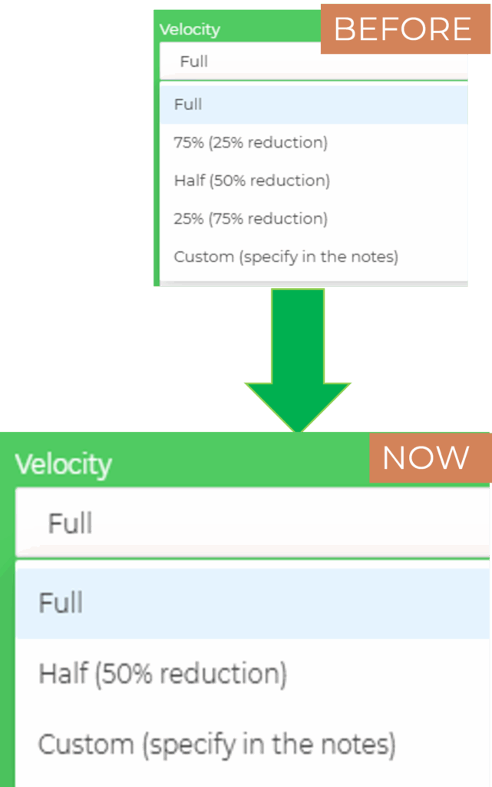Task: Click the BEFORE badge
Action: point(405,28)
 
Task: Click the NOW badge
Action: point(431,458)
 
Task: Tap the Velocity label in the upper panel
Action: point(190,30)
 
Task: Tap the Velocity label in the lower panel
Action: point(64,465)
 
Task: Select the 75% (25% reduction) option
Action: point(250,142)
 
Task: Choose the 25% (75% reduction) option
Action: point(250,219)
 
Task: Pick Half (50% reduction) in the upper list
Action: point(252,181)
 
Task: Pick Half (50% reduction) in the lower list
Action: point(163,673)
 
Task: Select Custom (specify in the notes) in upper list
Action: point(286,257)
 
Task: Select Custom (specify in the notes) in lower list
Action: point(217,744)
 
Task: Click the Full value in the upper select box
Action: point(194,61)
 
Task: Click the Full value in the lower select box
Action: point(70,523)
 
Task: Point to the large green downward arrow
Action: point(298,360)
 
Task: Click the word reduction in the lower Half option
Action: point(219,673)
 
